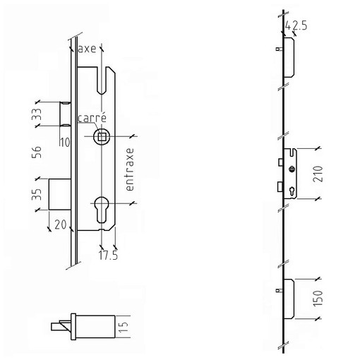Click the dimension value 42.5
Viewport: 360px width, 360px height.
tap(296, 25)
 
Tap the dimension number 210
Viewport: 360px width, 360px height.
tap(318, 174)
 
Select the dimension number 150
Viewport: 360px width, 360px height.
tap(318, 299)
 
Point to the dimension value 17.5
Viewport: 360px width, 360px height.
tap(108, 255)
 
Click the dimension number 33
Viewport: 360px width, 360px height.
tap(37, 114)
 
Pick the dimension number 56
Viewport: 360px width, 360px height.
tap(37, 152)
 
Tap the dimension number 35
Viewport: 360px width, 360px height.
tap(37, 194)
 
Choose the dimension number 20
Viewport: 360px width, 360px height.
tap(61, 224)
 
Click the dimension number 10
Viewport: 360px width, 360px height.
tap(65, 142)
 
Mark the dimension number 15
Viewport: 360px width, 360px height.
tap(124, 327)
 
